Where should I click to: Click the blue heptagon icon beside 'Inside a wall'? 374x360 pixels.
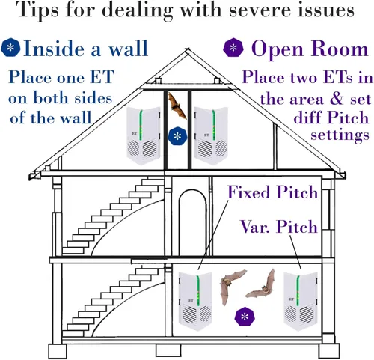click(x=10, y=47)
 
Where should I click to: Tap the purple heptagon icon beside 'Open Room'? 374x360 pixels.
click(x=233, y=47)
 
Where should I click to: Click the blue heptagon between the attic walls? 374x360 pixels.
click(x=177, y=136)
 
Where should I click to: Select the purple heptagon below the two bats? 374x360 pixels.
click(x=245, y=317)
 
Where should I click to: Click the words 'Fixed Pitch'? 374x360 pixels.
click(x=273, y=192)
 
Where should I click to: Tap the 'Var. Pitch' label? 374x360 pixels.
click(x=279, y=227)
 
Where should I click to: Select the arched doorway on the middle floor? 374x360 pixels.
click(x=193, y=222)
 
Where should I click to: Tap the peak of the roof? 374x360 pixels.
click(x=187, y=50)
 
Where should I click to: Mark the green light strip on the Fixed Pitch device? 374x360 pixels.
click(x=197, y=291)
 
